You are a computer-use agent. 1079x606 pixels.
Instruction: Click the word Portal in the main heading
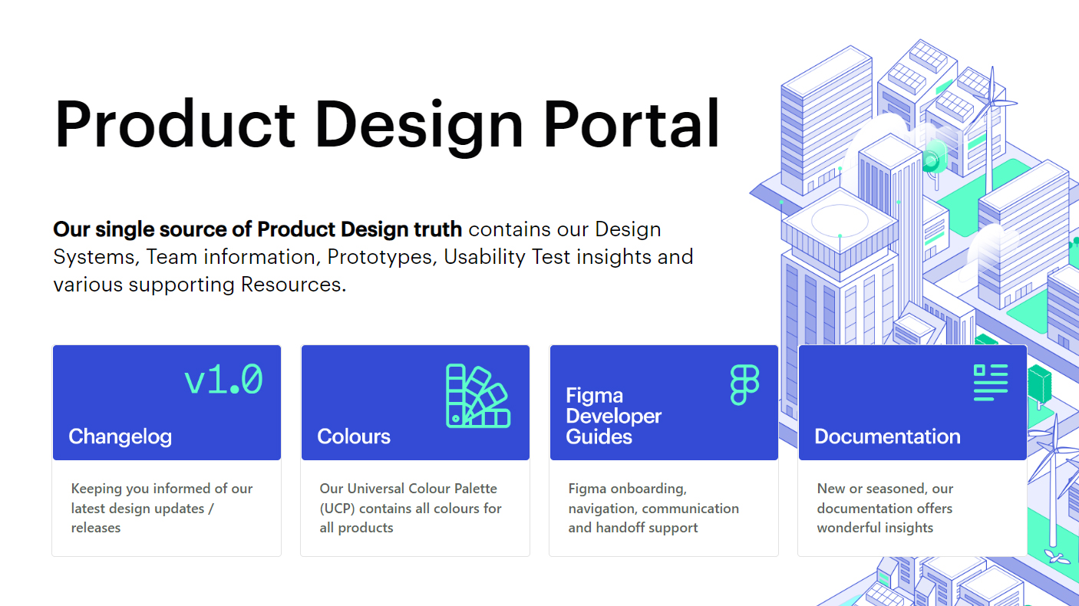tap(632, 124)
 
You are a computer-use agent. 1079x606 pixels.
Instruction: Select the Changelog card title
tap(120, 436)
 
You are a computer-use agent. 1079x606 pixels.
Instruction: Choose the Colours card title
tap(354, 436)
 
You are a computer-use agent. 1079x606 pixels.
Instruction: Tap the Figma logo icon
tap(744, 384)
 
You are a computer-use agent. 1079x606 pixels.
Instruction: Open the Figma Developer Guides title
tap(613, 417)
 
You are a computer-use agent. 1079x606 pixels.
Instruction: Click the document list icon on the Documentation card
tap(990, 382)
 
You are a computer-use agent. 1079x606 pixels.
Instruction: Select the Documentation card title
tap(887, 436)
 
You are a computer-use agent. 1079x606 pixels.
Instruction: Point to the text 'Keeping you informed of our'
tap(162, 489)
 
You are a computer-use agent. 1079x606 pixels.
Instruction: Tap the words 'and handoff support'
tap(633, 528)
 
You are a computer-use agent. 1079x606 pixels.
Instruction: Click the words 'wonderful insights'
tap(875, 528)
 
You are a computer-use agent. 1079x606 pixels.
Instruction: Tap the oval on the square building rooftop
tap(840, 219)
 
